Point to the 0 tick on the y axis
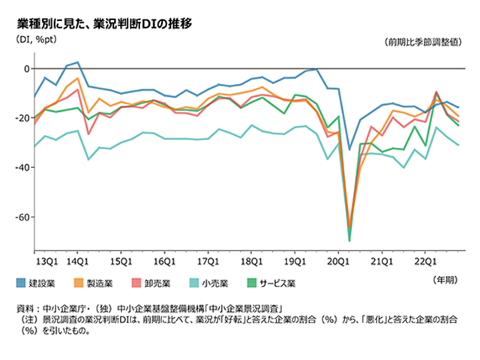coord(26,69)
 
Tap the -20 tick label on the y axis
coord(22,118)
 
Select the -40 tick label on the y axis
coord(22,168)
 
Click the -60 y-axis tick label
coord(22,217)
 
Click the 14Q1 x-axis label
coord(79,262)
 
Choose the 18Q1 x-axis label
coord(250,262)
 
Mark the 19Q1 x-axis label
coord(294,262)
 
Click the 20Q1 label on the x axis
coord(337,262)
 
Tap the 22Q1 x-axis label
coord(425,262)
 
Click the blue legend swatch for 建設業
coord(22,283)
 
